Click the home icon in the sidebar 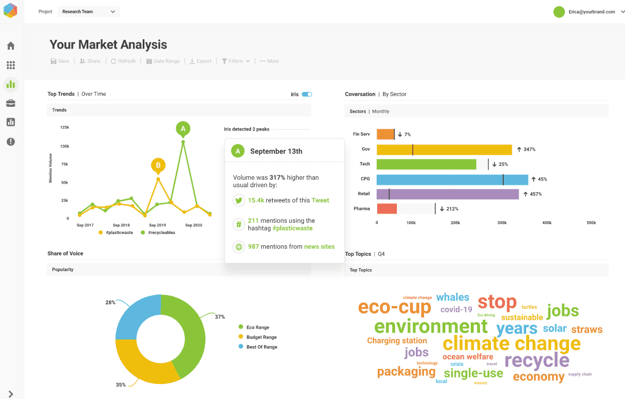[10, 46]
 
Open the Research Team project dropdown [88, 12]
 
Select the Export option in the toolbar [200, 61]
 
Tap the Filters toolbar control [236, 61]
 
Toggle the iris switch [307, 94]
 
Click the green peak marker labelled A [183, 129]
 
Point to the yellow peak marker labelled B [158, 165]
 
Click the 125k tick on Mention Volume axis [65, 128]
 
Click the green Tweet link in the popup [320, 200]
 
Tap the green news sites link [319, 247]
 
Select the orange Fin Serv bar [385, 135]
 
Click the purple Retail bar [448, 194]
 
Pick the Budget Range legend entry [261, 337]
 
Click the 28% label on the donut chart [110, 303]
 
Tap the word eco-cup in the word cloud [395, 307]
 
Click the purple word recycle [537, 361]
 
